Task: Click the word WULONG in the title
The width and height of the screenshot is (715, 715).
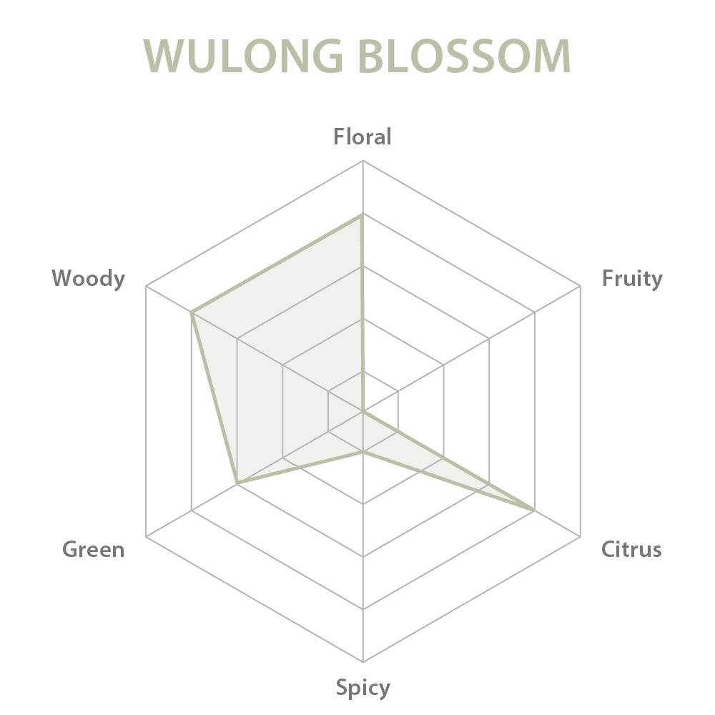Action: (x=243, y=56)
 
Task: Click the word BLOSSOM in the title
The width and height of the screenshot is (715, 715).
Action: (x=465, y=56)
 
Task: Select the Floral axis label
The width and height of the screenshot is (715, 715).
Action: (x=363, y=137)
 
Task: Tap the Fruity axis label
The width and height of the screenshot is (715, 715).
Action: (x=632, y=279)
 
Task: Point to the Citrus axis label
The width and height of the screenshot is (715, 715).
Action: (x=631, y=549)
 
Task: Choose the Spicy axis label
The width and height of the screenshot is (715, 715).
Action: (x=363, y=688)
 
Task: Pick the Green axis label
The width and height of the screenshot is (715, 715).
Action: (x=94, y=549)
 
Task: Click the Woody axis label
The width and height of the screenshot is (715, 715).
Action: (x=88, y=278)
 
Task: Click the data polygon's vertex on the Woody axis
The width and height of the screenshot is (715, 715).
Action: (x=192, y=313)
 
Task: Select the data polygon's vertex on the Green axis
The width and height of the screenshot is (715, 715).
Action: (x=237, y=483)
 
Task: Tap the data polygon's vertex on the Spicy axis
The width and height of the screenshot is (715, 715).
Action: (x=363, y=452)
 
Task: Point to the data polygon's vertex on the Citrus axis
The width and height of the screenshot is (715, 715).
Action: (x=533, y=511)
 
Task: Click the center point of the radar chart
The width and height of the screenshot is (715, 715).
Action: (x=363, y=411)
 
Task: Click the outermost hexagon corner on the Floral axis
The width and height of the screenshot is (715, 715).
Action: (x=363, y=161)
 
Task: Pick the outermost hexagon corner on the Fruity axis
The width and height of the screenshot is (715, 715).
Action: (x=580, y=287)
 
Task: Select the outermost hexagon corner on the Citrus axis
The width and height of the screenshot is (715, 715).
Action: (x=580, y=537)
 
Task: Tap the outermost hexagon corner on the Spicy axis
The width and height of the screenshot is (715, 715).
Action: (x=363, y=661)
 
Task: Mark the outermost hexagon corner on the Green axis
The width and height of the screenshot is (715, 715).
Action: (x=146, y=537)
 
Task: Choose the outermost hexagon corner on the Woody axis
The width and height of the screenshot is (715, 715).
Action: (x=146, y=287)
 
